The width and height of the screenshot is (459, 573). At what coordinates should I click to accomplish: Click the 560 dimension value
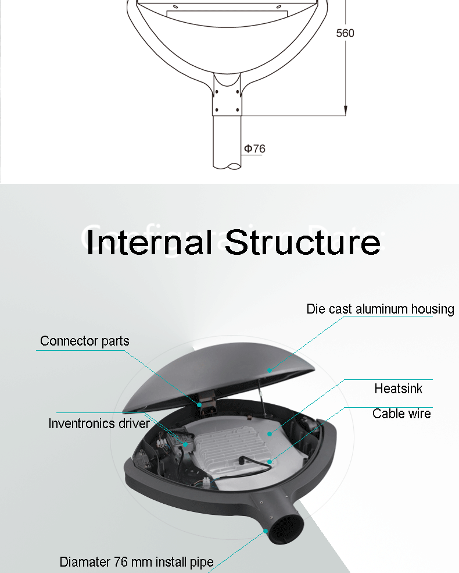(x=345, y=33)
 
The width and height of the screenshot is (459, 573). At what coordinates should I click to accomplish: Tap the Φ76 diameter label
(x=254, y=149)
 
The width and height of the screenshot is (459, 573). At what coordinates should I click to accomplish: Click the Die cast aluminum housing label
(x=380, y=309)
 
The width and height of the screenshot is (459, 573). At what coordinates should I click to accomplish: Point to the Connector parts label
(x=85, y=341)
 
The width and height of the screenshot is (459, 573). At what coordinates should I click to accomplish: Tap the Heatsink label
(x=399, y=389)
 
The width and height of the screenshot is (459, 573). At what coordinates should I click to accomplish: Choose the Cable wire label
(x=401, y=414)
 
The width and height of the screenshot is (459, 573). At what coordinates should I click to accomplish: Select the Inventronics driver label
(x=99, y=423)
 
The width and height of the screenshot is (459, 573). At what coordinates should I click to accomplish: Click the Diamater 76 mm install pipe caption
(x=137, y=562)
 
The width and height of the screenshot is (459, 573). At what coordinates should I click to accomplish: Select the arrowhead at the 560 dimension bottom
(x=345, y=109)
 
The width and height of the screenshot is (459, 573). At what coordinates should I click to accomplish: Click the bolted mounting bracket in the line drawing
(x=228, y=96)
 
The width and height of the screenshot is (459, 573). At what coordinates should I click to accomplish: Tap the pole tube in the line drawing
(x=227, y=143)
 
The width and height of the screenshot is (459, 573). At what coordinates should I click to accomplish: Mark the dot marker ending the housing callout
(x=269, y=370)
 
